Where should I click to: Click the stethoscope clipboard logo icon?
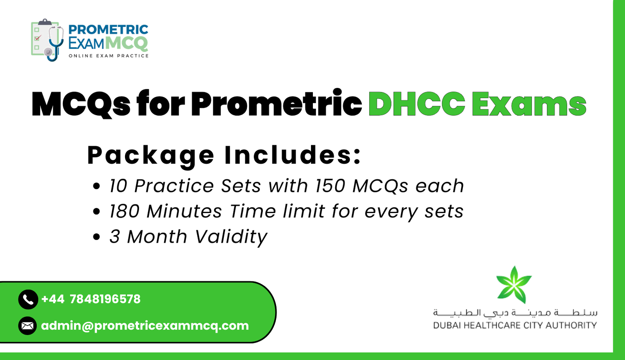[x=47, y=40]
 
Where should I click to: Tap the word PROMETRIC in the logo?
[x=108, y=30]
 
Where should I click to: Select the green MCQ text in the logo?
[x=127, y=43]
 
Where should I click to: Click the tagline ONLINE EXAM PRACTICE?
[x=109, y=56]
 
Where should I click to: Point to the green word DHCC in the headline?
[x=417, y=104]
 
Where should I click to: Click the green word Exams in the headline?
[x=529, y=104]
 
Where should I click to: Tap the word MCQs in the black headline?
[x=81, y=104]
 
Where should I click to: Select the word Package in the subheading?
[x=151, y=156]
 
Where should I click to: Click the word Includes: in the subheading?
[x=293, y=155]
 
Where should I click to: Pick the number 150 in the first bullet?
[x=330, y=186]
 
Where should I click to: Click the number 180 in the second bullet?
[x=124, y=211]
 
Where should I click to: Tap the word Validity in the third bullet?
[x=231, y=237]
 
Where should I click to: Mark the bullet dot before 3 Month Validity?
[x=97, y=237]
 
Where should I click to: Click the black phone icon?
[x=28, y=299]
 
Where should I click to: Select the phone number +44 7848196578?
[x=91, y=299]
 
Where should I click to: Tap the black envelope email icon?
[x=28, y=326]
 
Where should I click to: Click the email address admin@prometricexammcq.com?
[x=145, y=326]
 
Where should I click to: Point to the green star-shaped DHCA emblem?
[x=514, y=285]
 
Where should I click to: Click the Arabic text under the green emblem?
[x=515, y=313]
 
